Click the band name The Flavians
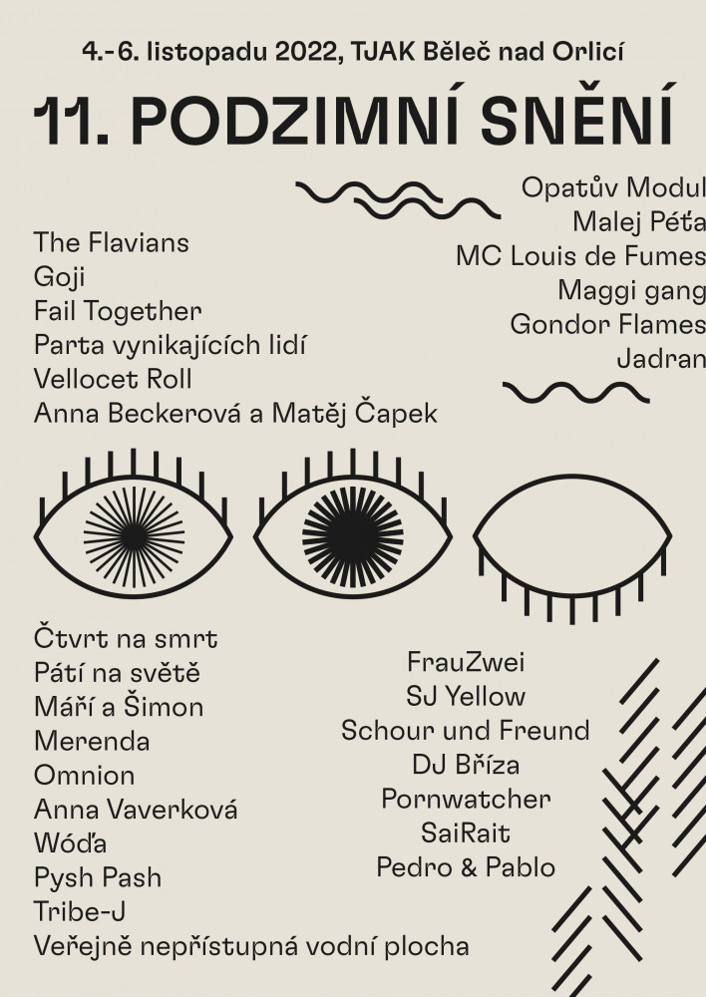pyautogui.click(x=111, y=242)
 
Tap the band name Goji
pyautogui.click(x=59, y=277)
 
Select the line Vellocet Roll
pyautogui.click(x=113, y=379)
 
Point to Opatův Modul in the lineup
pyautogui.click(x=612, y=187)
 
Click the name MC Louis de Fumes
pyautogui.click(x=579, y=255)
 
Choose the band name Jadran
pyautogui.click(x=660, y=358)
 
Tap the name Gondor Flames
pyautogui.click(x=606, y=324)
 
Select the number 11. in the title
pyautogui.click(x=71, y=123)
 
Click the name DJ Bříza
pyautogui.click(x=466, y=765)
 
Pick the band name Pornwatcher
pyautogui.click(x=466, y=799)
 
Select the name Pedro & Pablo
pyautogui.click(x=466, y=867)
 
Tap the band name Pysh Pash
pyautogui.click(x=97, y=878)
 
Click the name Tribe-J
pyautogui.click(x=80, y=912)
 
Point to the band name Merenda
pyautogui.click(x=92, y=742)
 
